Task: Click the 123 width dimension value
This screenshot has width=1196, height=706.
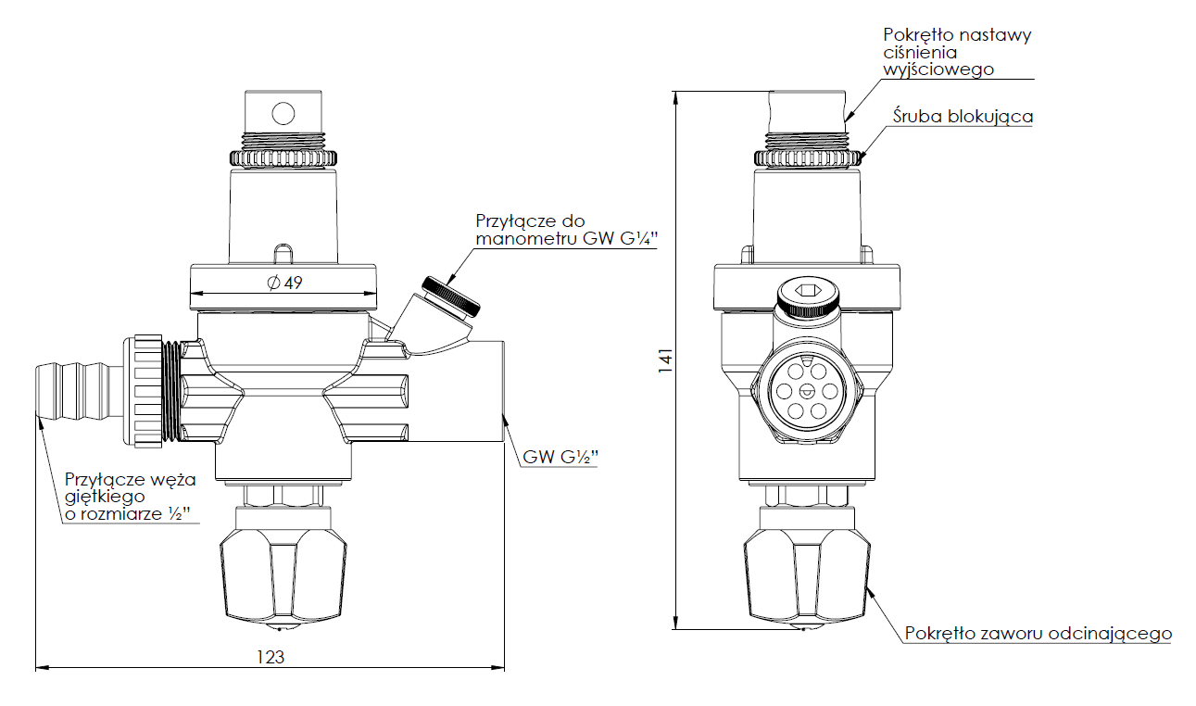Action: (x=269, y=657)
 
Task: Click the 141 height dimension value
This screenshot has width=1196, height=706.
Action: (x=664, y=361)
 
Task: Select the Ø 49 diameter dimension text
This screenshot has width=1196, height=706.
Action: (x=284, y=284)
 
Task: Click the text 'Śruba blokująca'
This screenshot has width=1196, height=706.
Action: (x=963, y=117)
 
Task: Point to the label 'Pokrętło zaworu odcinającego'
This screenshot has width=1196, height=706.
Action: (x=1038, y=634)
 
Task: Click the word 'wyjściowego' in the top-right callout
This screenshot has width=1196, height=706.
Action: (x=938, y=69)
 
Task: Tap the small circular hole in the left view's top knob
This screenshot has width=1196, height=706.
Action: (x=283, y=113)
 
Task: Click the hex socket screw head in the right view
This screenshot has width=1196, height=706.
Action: (x=806, y=296)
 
